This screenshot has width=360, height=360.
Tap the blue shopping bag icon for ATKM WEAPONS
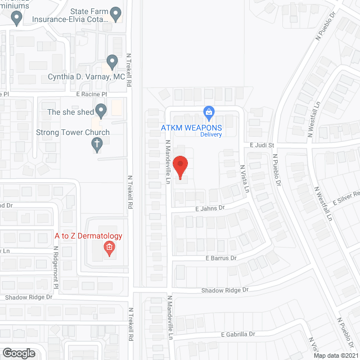[209, 112]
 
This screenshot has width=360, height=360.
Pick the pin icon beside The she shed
[101, 110]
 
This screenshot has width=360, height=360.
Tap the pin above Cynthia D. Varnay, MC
[112, 61]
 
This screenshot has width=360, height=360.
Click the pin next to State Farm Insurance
[117, 12]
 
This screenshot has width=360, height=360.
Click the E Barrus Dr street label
[221, 258]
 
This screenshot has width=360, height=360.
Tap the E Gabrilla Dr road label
[238, 334]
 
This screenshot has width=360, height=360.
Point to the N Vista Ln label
[245, 179]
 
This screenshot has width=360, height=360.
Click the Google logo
[18, 353]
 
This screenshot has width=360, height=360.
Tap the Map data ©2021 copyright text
[336, 355]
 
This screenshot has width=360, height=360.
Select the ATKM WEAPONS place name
[192, 127]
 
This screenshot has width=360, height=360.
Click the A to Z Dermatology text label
[88, 236]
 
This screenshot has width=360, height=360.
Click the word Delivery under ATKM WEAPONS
[211, 134]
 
